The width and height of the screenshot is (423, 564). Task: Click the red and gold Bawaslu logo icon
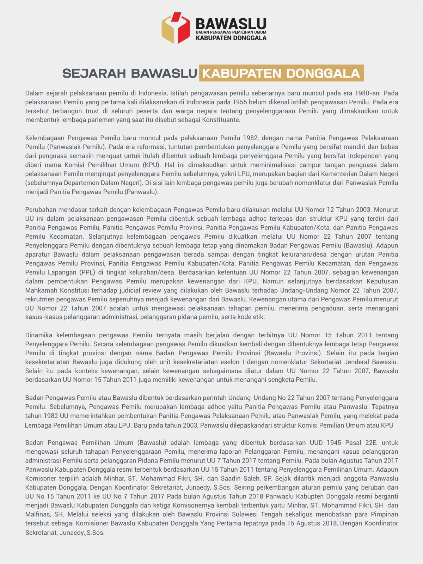click(x=176, y=28)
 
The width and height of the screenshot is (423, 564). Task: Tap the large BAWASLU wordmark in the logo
click(x=231, y=24)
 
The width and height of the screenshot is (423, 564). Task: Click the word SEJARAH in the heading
click(x=94, y=73)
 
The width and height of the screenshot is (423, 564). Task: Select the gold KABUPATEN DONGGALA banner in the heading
click(x=281, y=73)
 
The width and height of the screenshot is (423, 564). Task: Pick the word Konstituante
click(x=221, y=120)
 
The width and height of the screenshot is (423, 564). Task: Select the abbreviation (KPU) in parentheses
click(x=152, y=165)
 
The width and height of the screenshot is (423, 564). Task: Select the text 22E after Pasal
click(x=370, y=443)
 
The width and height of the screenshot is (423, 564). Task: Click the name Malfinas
click(x=38, y=515)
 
